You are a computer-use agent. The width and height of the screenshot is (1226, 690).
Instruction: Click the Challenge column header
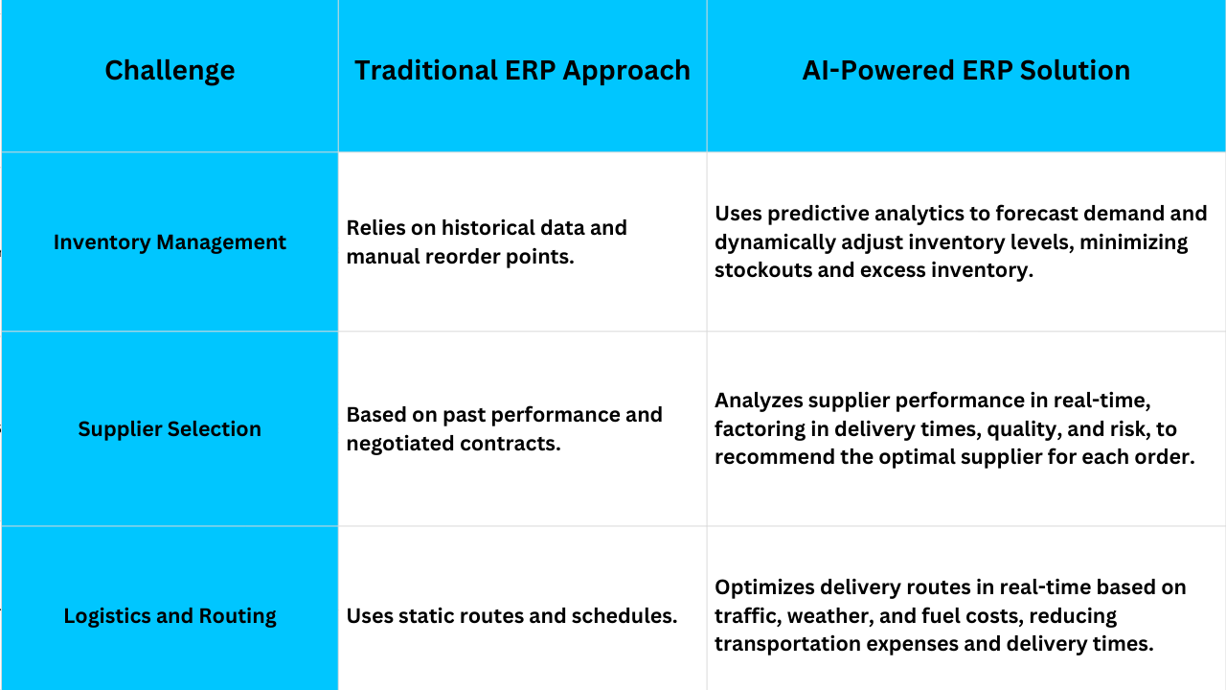pos(170,71)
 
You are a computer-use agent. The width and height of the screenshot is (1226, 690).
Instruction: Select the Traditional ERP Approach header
pos(522,71)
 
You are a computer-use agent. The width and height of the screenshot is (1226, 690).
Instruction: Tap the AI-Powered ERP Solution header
pos(966,70)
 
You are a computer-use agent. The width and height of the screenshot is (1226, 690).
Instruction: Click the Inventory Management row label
pos(170,242)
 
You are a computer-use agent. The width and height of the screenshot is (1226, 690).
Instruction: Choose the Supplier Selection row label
pos(170,428)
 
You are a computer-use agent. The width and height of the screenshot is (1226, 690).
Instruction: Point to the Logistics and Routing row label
pos(170,616)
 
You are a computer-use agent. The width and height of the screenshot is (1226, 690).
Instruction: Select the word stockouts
pos(762,270)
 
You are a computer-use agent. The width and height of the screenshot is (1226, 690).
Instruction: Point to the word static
pos(423,616)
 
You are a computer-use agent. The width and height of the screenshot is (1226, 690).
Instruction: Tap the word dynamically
pos(775,242)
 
